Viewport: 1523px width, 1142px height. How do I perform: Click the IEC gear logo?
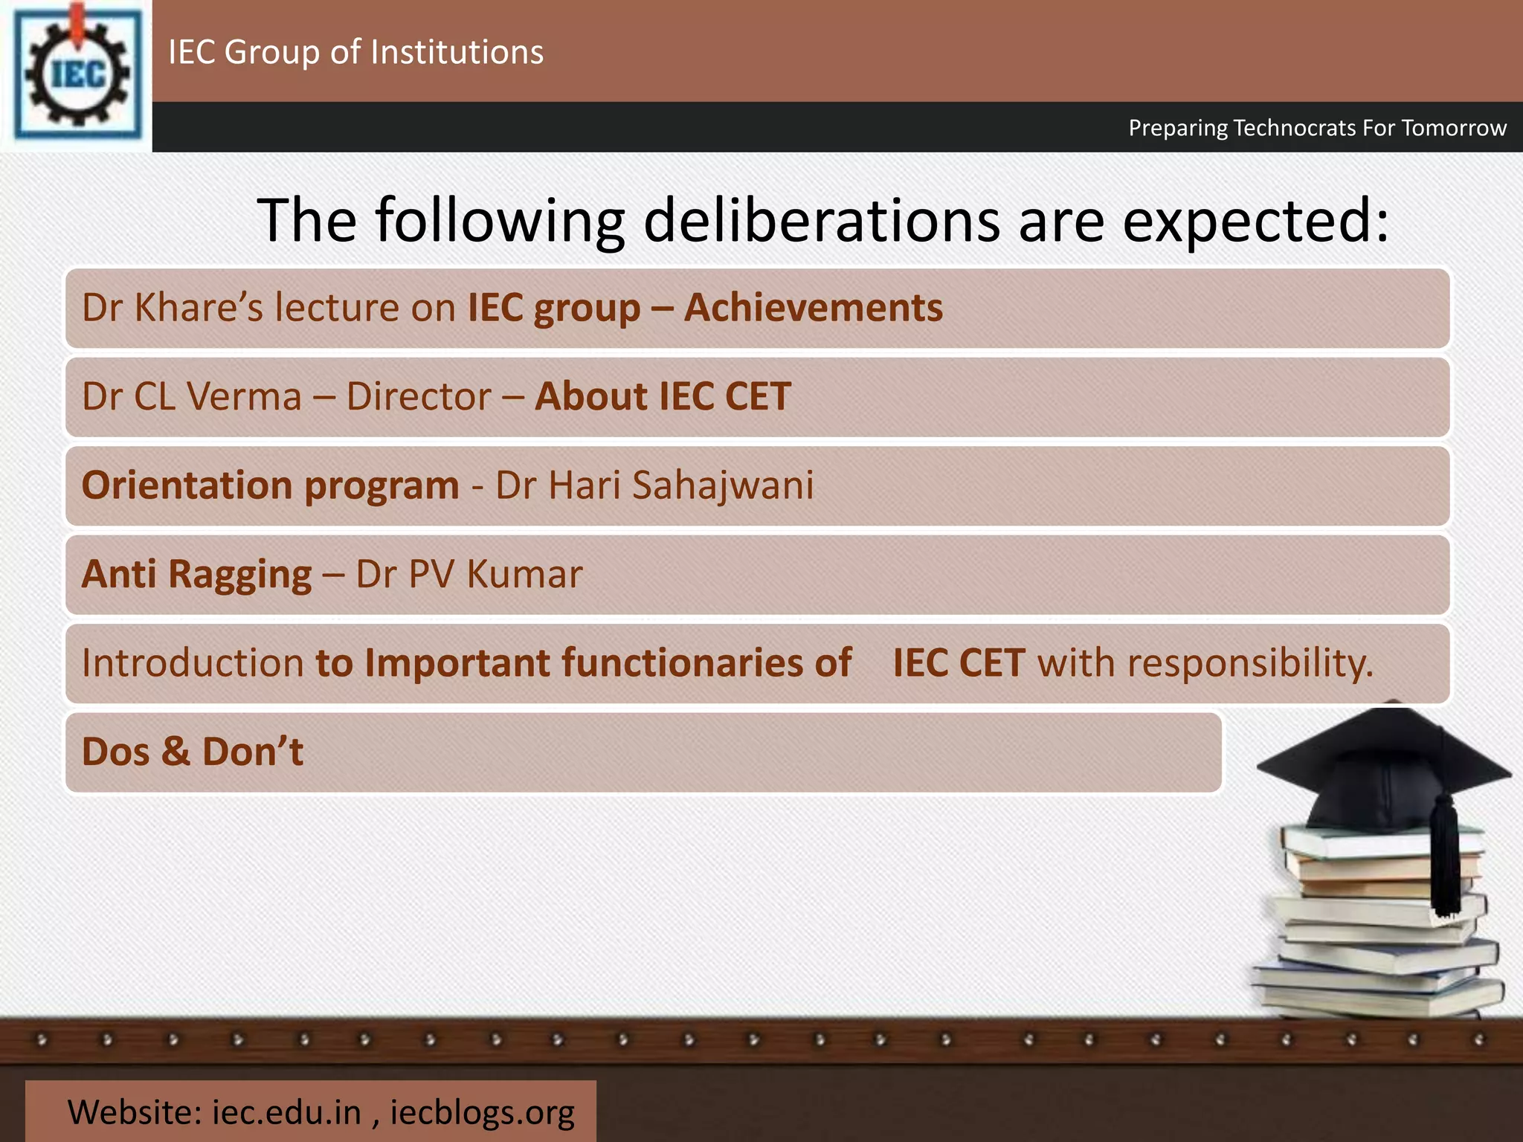(x=77, y=74)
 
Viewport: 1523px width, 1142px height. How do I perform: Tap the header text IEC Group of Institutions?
(x=355, y=52)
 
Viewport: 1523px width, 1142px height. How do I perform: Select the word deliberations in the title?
(x=821, y=221)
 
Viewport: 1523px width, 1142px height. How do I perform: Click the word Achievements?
(x=813, y=308)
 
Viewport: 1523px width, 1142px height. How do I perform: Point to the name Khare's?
(x=199, y=308)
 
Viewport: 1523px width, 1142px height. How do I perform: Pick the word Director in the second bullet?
(x=419, y=396)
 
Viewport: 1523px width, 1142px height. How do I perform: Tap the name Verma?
(x=245, y=396)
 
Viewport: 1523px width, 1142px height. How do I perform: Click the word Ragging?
(x=240, y=575)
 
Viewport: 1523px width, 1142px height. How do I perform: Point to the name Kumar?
(x=525, y=575)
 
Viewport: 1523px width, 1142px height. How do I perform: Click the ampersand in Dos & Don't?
(x=176, y=752)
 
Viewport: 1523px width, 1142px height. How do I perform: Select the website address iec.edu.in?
(x=286, y=1112)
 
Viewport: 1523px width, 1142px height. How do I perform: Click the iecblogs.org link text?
(x=482, y=1112)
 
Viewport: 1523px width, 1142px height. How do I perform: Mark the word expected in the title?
(x=1255, y=221)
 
